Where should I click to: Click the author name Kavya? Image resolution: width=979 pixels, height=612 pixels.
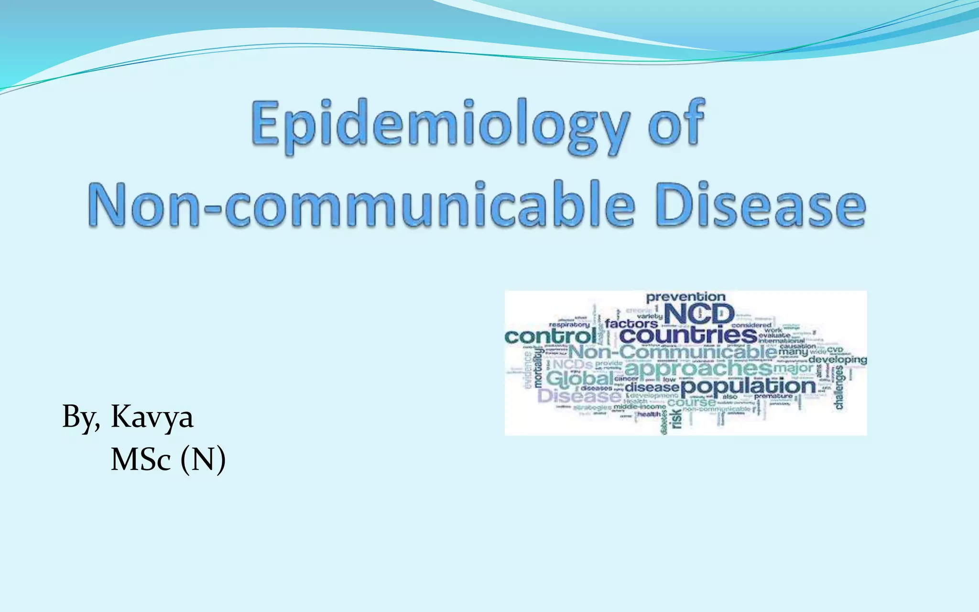point(152,417)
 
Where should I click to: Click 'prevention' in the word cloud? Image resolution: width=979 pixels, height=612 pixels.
point(685,297)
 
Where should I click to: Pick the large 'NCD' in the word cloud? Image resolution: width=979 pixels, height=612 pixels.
point(699,315)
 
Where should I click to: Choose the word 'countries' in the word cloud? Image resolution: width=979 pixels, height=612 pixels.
point(688,335)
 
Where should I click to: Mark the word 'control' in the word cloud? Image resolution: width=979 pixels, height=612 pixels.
point(550,336)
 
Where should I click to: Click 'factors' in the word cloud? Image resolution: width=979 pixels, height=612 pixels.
point(631,324)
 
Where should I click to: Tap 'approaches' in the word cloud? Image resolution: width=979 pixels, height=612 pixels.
point(698,369)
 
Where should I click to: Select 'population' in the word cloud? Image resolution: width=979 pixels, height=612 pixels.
point(748,386)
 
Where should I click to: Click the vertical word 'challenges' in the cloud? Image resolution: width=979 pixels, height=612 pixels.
point(839,387)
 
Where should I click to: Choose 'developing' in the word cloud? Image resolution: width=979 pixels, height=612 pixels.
point(838,359)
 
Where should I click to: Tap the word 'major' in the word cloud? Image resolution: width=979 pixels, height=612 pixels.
point(793,368)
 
